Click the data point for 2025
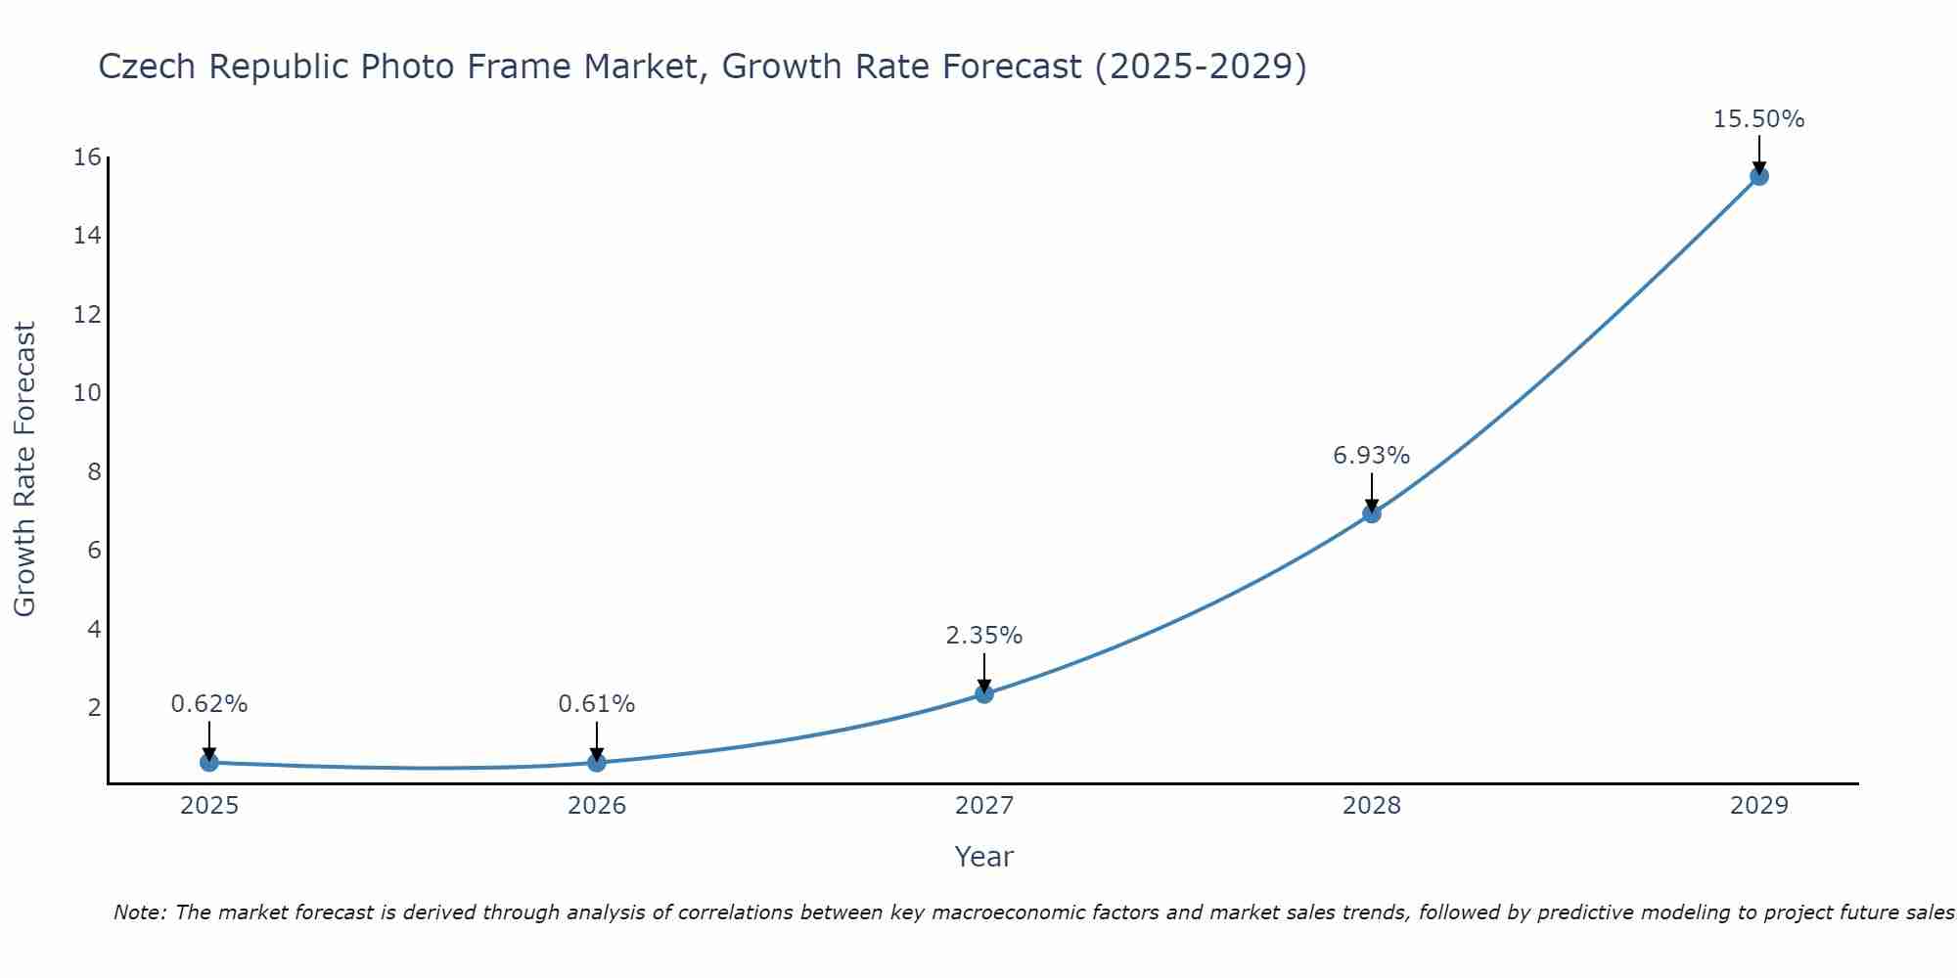(x=209, y=762)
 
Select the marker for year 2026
(x=597, y=762)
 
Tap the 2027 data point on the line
(x=984, y=693)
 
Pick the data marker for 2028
(x=1372, y=513)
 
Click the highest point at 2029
(x=1759, y=176)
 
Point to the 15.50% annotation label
(x=1758, y=119)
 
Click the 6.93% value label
(x=1371, y=456)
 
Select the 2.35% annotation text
(x=983, y=636)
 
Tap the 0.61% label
(x=596, y=704)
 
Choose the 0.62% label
(x=208, y=704)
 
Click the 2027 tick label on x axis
(x=984, y=806)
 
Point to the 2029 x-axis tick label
(x=1759, y=806)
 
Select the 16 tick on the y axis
(x=87, y=157)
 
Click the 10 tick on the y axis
(x=87, y=393)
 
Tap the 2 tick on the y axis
(x=94, y=707)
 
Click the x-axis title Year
(x=983, y=857)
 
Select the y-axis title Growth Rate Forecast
(x=24, y=469)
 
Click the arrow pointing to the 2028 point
(x=1372, y=492)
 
